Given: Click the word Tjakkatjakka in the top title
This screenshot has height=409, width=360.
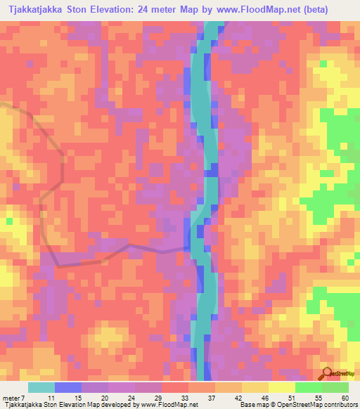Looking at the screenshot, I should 35,10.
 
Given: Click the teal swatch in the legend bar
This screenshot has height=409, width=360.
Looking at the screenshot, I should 41,387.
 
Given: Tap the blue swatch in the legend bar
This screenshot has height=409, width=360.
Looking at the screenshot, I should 68,387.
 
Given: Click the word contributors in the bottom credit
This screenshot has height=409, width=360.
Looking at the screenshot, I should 340,405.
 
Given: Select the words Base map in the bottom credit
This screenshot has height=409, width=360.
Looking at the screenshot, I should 252,405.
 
